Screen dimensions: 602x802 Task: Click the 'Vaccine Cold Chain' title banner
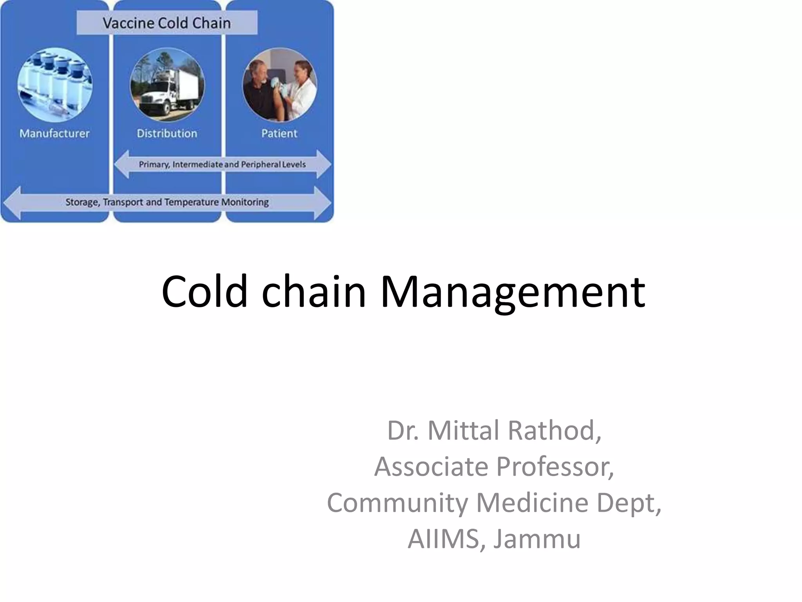click(x=167, y=23)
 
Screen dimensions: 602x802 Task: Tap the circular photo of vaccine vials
click(x=55, y=85)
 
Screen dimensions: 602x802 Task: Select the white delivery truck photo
click(x=167, y=85)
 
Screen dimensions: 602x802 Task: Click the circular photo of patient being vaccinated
click(x=280, y=85)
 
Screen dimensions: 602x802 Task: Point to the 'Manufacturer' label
click(x=54, y=134)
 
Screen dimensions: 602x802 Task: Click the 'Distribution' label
click(x=167, y=134)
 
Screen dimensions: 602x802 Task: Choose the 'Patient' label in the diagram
click(x=279, y=134)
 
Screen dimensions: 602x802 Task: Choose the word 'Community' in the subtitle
click(x=397, y=503)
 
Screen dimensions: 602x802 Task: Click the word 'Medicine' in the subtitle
click(x=532, y=502)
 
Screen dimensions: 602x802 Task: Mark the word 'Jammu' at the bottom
click(x=536, y=539)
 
